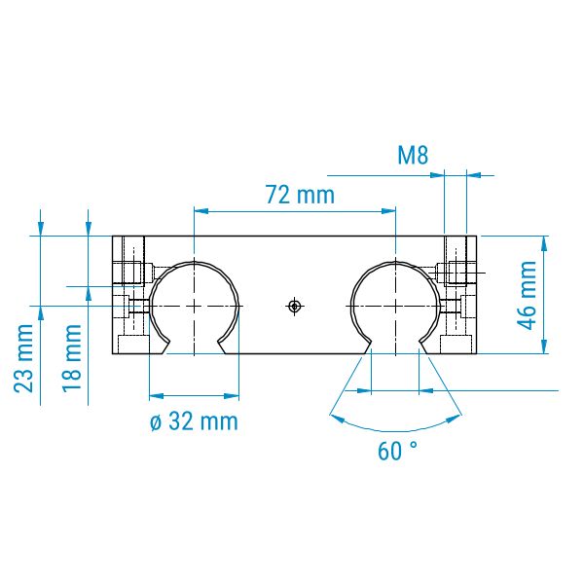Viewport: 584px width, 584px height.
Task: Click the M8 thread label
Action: pos(413,156)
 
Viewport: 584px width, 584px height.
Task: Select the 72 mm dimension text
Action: pos(301,195)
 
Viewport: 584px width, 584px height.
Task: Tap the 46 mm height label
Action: pos(528,295)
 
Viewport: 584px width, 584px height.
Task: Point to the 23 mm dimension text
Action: pos(23,358)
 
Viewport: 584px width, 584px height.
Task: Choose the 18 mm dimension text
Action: pos(72,358)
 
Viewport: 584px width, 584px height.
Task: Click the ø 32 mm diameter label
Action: pos(194,421)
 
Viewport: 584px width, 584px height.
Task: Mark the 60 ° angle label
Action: pos(397,451)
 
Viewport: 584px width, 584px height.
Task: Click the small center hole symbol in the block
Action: pos(295,307)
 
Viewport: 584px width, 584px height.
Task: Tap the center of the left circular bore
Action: pos(195,307)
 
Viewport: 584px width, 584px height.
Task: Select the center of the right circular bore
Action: pos(395,307)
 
